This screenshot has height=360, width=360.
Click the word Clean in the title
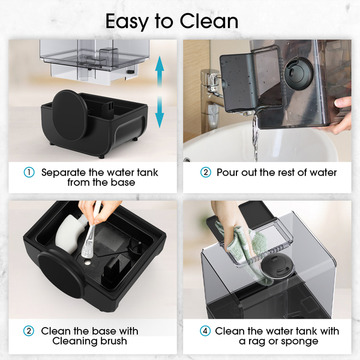coord(209,21)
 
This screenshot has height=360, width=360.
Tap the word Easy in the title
coord(127,22)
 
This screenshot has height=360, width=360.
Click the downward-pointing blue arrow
coord(160,112)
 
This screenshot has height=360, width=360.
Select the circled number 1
coord(29,172)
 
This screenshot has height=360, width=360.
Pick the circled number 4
coord(205,331)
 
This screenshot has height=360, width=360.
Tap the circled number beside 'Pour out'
coord(205,172)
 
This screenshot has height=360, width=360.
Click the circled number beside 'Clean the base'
coord(29,331)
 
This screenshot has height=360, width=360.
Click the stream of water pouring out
coord(256,138)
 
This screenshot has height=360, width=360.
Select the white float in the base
coord(69,232)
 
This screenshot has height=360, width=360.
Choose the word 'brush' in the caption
coord(112,341)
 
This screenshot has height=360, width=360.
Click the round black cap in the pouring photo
coord(298,73)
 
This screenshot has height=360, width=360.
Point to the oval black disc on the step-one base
coord(70,115)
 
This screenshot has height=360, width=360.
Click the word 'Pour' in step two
coord(227,173)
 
